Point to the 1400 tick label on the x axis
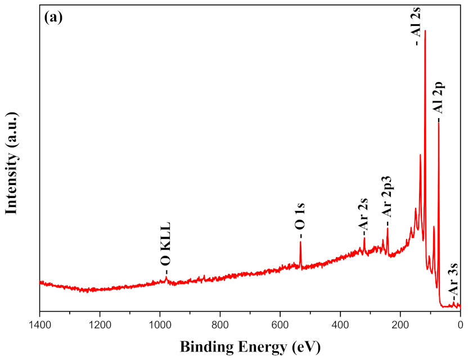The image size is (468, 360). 39,324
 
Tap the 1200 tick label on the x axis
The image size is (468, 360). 100,324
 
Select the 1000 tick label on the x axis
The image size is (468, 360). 160,324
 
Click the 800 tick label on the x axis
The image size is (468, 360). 220,324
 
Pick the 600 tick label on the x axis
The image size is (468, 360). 280,324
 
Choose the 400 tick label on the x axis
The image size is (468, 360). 340,324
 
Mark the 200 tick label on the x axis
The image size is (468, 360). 400,324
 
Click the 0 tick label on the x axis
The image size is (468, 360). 460,324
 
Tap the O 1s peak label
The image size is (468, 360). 300,219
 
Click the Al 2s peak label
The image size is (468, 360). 417,25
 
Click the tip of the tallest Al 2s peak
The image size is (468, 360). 425,30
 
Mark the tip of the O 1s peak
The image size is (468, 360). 300,242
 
